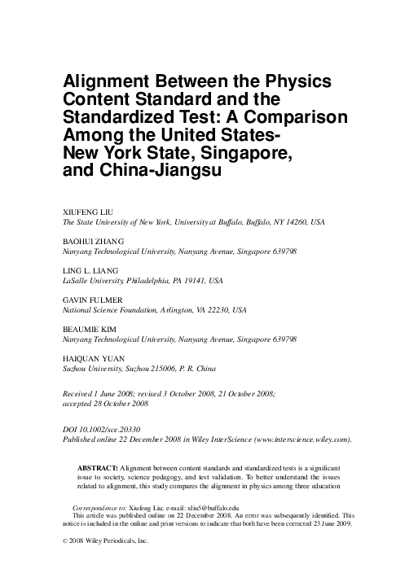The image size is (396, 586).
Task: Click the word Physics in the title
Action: (293, 84)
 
